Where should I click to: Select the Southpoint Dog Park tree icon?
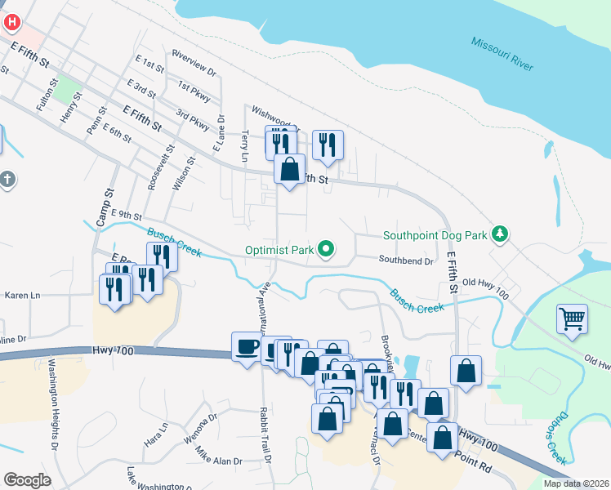[x=499, y=236]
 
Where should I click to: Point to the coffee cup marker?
[x=247, y=347]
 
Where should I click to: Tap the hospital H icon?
[x=11, y=20]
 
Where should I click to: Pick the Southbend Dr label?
[x=405, y=261]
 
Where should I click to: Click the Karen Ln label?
[x=22, y=295]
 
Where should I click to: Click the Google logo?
[x=27, y=480]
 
